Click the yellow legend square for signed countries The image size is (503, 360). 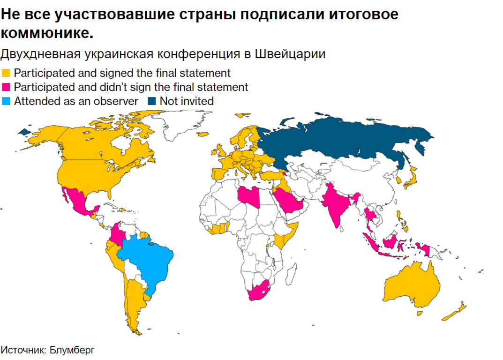[x=6, y=74]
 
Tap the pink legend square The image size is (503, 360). [x=6, y=87]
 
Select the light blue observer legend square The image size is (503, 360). [x=6, y=101]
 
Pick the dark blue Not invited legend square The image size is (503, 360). [x=151, y=101]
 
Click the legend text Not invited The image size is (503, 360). [x=187, y=101]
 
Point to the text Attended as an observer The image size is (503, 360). [x=76, y=101]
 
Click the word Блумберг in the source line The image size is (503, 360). [x=75, y=350]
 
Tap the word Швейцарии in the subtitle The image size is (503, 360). [x=290, y=54]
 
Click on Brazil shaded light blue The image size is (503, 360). [x=145, y=262]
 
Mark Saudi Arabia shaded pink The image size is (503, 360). [x=288, y=202]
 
